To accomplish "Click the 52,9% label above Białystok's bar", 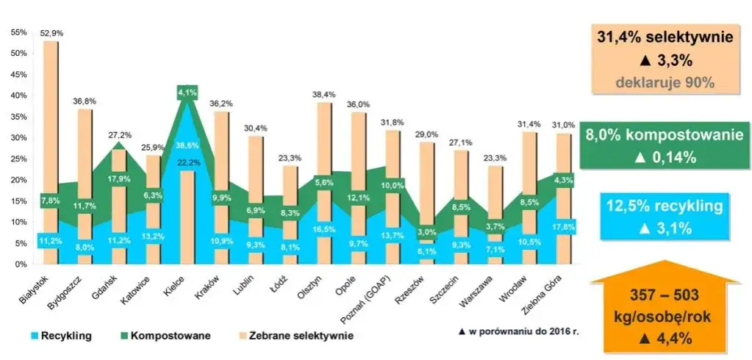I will click(51, 33).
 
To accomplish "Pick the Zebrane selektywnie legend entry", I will click(302, 336).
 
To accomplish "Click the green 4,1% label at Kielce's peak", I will click(186, 92).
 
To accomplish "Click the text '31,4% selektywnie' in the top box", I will click(666, 38).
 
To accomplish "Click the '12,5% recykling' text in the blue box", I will click(666, 208).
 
